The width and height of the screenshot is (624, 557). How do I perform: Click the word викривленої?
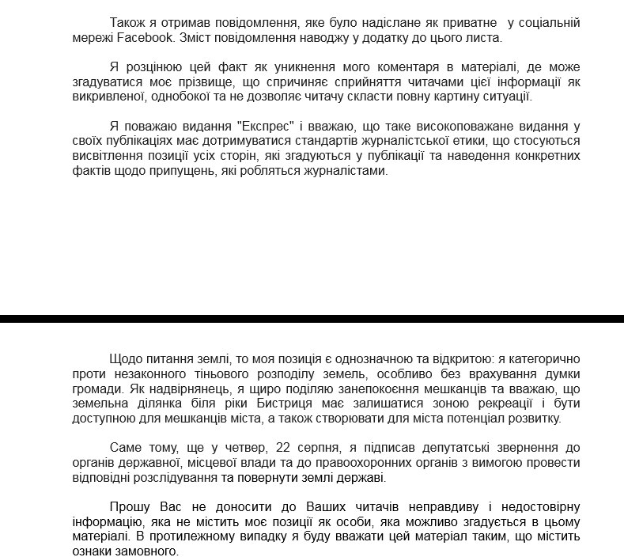[107, 97]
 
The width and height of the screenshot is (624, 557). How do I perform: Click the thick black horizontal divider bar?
[312, 319]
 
